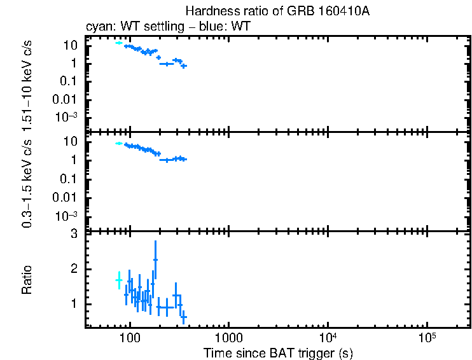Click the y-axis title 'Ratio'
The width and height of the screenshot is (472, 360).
tap(27, 280)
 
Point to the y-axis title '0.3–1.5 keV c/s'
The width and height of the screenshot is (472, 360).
tap(27, 183)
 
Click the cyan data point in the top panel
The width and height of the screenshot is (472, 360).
tap(118, 43)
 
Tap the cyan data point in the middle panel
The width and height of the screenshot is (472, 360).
tap(118, 144)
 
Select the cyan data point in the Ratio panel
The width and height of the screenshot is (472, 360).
tap(118, 280)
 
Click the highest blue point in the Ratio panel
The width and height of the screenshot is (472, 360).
tap(155, 260)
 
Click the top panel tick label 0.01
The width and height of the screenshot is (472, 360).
tap(68, 99)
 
